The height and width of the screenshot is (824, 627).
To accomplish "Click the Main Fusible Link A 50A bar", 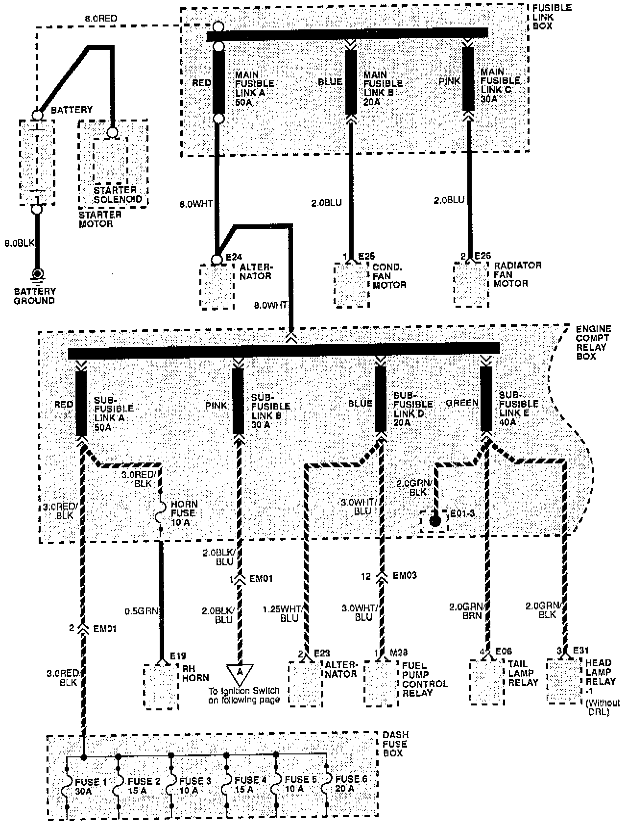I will [x=218, y=82].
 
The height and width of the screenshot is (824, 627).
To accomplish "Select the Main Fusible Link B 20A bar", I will [x=351, y=82].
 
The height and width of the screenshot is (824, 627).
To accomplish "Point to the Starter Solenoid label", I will [x=118, y=194].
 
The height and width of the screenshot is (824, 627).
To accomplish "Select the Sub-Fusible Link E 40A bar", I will [x=486, y=399].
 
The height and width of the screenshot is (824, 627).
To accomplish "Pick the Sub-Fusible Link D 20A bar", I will [x=381, y=399].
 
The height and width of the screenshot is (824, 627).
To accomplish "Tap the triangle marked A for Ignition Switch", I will [x=240, y=673].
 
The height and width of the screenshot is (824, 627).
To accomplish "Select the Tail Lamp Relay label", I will [x=523, y=673].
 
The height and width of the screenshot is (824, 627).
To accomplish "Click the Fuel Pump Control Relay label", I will [x=425, y=679].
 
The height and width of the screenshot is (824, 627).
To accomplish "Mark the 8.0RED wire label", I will [x=101, y=19].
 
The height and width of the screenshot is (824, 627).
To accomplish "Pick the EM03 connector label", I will [x=405, y=575].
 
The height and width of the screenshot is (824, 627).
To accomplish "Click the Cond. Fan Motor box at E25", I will [x=351, y=285].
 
